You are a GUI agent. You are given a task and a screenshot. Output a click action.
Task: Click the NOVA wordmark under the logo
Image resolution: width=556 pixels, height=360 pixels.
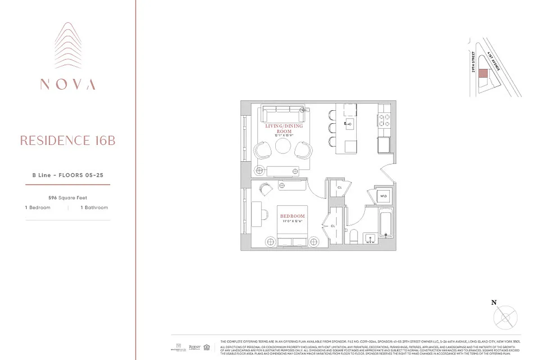(x=67, y=84)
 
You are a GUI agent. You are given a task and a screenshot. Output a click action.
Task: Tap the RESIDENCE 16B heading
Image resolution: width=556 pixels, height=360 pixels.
(x=67, y=141)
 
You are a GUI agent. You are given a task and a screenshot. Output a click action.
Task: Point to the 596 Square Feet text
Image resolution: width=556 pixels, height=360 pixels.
(x=67, y=198)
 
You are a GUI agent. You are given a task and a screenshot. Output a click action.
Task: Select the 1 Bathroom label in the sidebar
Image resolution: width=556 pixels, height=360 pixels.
(x=94, y=207)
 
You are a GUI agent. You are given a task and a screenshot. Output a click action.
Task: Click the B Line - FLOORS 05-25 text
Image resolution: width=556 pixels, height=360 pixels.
(x=67, y=175)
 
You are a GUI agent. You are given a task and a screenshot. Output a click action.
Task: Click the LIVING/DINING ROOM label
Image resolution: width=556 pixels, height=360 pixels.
(x=284, y=128)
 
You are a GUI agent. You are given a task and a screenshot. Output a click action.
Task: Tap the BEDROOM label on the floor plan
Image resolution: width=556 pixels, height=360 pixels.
(x=293, y=216)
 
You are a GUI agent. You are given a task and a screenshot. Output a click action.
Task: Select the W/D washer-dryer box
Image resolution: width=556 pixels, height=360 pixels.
(x=383, y=196)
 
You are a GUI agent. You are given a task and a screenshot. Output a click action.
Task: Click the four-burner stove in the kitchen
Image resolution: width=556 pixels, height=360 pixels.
(x=384, y=120)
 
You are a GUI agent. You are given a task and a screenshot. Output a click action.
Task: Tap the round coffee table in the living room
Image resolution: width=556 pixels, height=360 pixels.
(x=284, y=147)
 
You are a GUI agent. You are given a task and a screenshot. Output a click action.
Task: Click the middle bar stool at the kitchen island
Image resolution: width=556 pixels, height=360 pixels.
(x=332, y=127)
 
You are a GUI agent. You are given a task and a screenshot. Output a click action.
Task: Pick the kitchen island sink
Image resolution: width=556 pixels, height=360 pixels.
(x=349, y=122)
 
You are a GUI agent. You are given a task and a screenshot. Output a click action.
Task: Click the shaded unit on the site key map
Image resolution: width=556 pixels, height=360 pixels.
(x=482, y=73)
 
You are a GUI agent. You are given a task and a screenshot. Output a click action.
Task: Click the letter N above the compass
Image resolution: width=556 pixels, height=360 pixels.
(x=493, y=303)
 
